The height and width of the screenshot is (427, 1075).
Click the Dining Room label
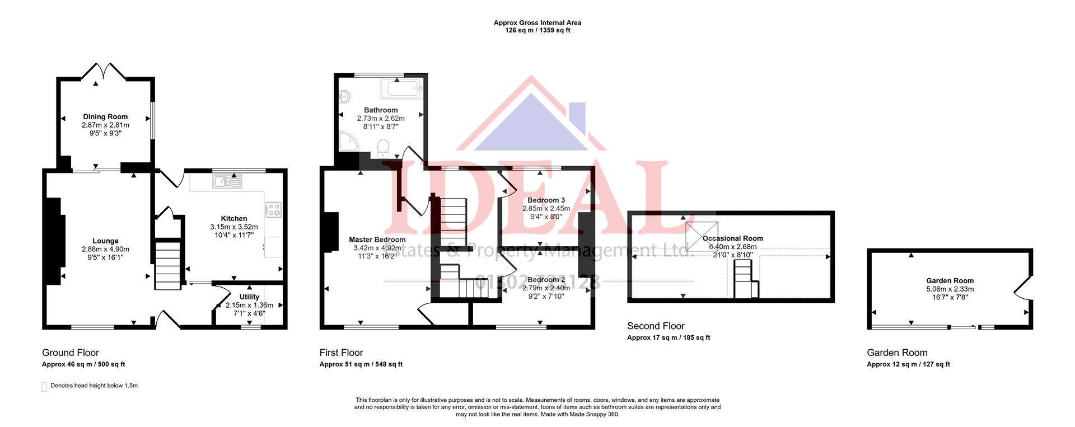(x=105, y=117)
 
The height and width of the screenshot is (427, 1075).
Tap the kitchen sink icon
(x=227, y=181)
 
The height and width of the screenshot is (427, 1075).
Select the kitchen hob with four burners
(x=274, y=209)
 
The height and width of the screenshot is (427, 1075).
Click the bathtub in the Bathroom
(x=401, y=88)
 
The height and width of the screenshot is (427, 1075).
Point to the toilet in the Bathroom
(x=384, y=148)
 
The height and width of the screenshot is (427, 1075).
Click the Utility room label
(x=249, y=297)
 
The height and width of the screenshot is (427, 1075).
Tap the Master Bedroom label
(x=377, y=240)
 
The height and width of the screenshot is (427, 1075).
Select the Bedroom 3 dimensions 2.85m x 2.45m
(x=546, y=208)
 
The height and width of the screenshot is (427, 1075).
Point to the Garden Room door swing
(x=1021, y=286)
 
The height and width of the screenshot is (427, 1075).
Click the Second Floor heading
(x=655, y=326)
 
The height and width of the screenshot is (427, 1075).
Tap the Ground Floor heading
(x=71, y=353)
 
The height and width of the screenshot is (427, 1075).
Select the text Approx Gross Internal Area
(x=537, y=23)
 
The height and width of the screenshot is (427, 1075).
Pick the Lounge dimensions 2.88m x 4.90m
(x=105, y=250)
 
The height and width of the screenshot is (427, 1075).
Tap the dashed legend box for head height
(x=44, y=387)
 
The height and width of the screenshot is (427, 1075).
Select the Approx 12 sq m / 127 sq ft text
(x=908, y=364)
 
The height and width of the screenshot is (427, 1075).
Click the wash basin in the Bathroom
(x=344, y=97)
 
